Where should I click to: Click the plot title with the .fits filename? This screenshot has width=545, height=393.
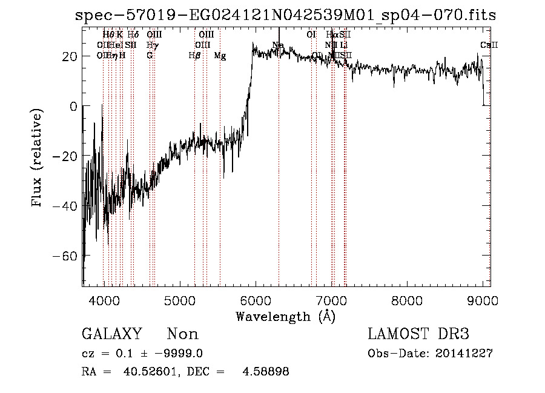(285, 15)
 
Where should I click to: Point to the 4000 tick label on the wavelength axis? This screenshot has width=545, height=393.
(104, 301)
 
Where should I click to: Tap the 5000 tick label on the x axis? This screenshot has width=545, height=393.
(179, 301)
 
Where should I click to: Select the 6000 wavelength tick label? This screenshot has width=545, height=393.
(256, 301)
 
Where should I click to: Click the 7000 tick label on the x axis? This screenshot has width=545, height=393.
(331, 301)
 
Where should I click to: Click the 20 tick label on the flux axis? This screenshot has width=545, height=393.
(68, 56)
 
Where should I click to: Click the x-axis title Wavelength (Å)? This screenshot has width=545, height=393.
(285, 316)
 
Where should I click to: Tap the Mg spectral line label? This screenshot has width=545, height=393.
(220, 56)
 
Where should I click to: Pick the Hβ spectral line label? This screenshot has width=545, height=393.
(194, 56)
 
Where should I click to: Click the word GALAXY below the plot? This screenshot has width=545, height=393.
(112, 334)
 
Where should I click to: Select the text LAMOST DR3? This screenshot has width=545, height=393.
(418, 334)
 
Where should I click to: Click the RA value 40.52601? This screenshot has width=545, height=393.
(145, 372)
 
